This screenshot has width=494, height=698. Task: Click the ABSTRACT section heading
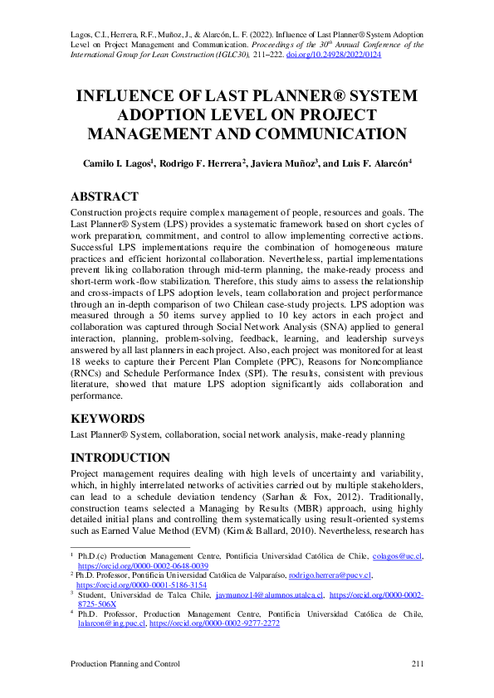click(x=104, y=196)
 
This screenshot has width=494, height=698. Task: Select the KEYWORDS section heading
click(x=106, y=419)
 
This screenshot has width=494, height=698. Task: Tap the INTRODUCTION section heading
click(x=121, y=458)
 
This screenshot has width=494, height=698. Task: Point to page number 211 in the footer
click(x=418, y=665)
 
